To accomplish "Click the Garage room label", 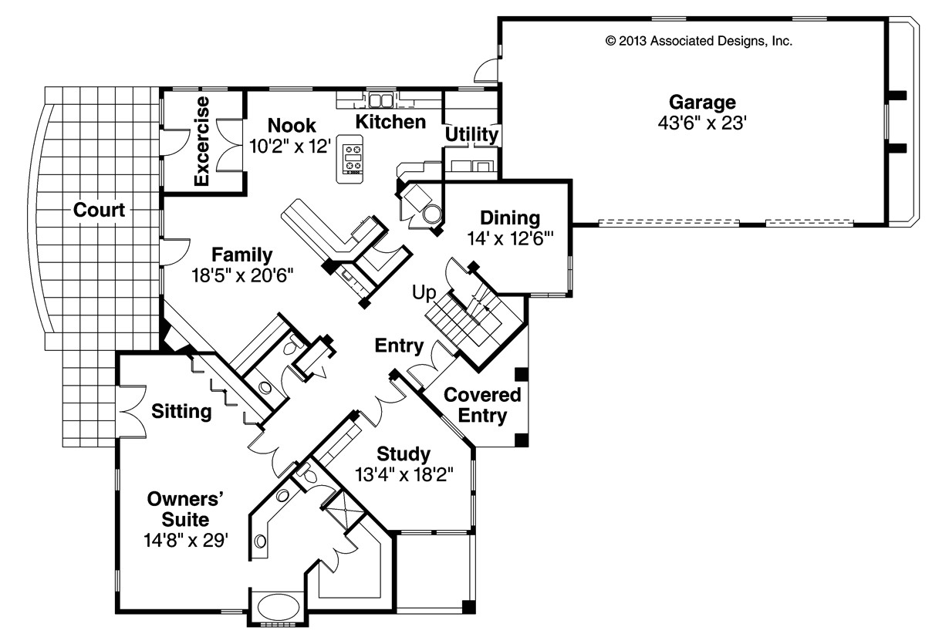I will point(701,102).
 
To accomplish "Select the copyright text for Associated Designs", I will point(699,42).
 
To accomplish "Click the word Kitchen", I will point(390,122).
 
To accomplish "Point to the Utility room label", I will point(471,135).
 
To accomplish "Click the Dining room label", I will point(509,218).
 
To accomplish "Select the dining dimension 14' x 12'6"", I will point(505,239).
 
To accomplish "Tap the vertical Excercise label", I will point(202,141).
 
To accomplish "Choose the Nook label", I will point(292,125).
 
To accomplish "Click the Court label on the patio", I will point(100,210).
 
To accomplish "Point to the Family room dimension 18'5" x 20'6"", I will point(242,275).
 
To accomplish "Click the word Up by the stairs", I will point(424,292).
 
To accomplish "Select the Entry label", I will point(399,346).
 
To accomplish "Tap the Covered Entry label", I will point(483,406).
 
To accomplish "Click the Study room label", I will point(404,453).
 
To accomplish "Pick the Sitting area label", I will point(181,411).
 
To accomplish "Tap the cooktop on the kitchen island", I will point(353,157).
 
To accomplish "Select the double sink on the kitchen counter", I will point(380,100).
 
